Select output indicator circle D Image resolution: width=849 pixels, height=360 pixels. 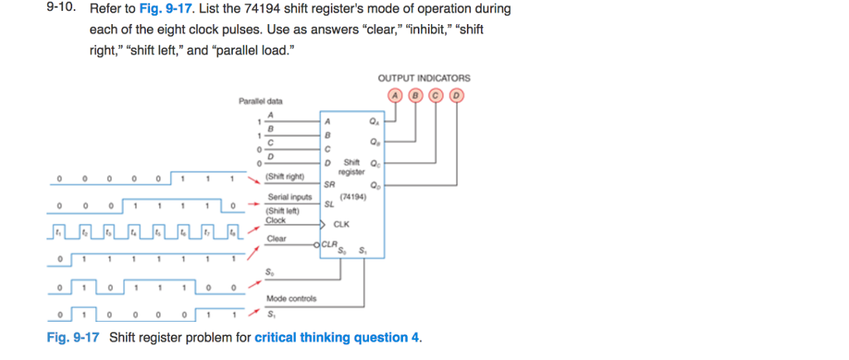point(455,95)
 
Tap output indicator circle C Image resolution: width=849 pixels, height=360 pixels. point(435,95)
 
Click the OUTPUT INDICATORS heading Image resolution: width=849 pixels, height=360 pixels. point(424,78)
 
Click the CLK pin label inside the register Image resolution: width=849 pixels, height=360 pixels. point(341,224)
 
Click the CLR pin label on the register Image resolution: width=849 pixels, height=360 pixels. point(329,244)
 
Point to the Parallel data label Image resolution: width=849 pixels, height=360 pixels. point(260,101)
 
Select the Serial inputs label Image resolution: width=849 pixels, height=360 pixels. point(289,197)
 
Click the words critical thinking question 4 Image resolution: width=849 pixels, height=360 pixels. point(337,338)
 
